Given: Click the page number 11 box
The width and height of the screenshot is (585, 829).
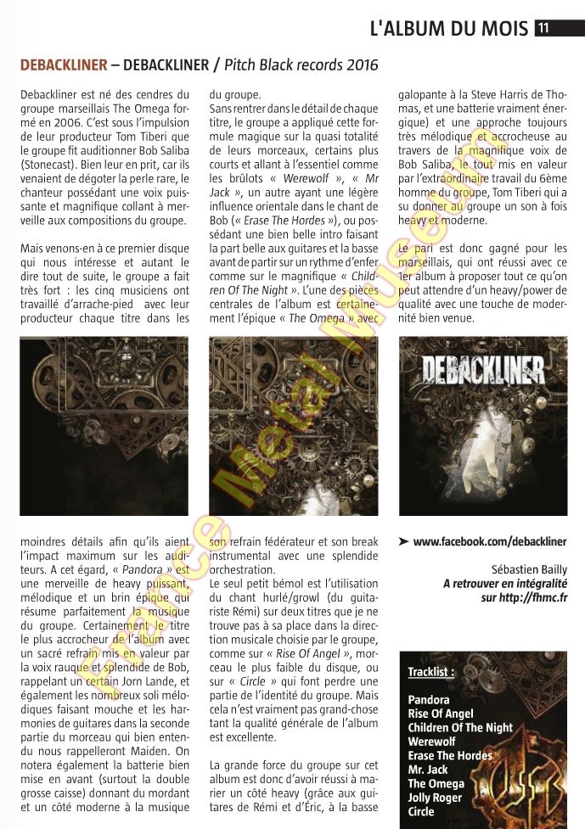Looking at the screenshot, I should tap(543, 27).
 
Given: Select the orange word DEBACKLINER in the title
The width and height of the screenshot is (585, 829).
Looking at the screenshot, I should tap(63, 65).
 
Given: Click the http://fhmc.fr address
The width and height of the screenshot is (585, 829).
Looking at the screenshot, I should tap(533, 597).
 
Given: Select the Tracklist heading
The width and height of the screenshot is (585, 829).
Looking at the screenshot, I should tap(430, 671).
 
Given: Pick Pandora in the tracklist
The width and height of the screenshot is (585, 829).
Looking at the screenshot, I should tap(429, 700).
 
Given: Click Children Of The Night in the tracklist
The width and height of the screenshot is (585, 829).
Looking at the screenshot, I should tap(460, 727).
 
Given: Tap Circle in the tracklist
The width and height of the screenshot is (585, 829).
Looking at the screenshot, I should tap(421, 811).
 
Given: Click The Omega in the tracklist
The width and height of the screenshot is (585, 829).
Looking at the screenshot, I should tap(436, 783).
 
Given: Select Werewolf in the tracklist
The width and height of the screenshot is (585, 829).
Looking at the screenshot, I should tap(431, 742).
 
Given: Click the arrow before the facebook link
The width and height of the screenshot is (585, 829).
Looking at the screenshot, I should tap(403, 541).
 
